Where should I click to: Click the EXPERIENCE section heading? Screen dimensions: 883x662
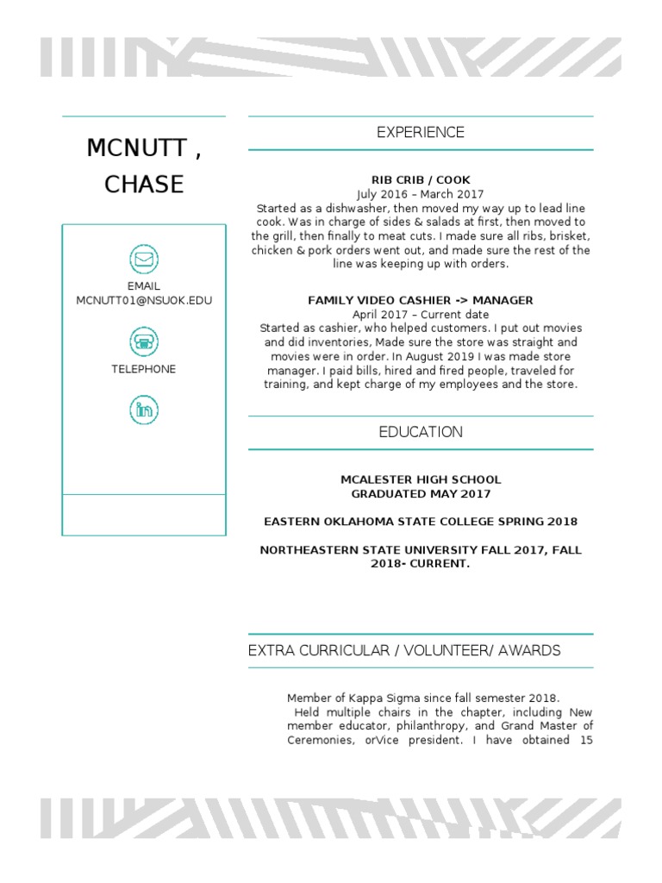click(421, 133)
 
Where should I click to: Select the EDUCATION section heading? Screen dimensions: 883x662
click(421, 433)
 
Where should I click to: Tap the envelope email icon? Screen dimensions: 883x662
click(143, 259)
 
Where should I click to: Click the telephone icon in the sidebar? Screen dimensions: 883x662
click(143, 341)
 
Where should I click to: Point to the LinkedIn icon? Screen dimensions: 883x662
click(143, 409)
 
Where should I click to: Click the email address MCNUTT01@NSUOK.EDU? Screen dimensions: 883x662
click(144, 301)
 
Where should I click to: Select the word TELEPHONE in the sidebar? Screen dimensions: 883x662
click(143, 369)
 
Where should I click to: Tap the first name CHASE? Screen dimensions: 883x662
click(144, 185)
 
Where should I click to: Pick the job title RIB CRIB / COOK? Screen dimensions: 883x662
click(421, 180)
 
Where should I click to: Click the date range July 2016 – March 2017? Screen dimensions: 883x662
click(421, 195)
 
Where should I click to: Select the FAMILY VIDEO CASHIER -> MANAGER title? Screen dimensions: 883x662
click(421, 301)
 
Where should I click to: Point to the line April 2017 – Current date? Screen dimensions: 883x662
click(421, 315)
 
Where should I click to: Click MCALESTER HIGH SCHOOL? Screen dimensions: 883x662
click(421, 480)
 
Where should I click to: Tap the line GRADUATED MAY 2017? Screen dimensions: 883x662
click(421, 494)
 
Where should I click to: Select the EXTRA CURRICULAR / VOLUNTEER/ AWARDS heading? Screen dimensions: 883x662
click(404, 651)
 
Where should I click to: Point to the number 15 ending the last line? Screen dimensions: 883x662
click(585, 740)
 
